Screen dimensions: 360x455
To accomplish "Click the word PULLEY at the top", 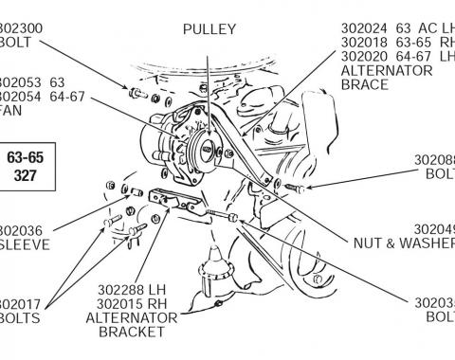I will tap(209, 29).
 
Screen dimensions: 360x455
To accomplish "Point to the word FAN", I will tap(11, 110).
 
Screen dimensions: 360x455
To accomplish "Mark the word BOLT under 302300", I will tap(19, 44).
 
